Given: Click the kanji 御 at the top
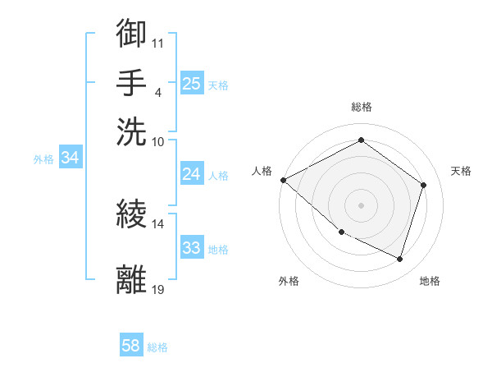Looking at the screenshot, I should click(x=132, y=33).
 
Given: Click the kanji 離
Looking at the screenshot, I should click(x=132, y=279).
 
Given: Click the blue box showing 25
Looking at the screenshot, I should click(x=191, y=84).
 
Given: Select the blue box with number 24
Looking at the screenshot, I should click(x=191, y=174).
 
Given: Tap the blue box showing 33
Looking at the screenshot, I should click(x=191, y=248).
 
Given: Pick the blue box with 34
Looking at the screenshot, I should click(x=70, y=159).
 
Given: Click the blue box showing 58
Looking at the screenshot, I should click(x=131, y=347).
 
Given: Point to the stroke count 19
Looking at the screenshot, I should click(x=157, y=289).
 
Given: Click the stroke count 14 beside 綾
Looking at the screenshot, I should click(x=157, y=223).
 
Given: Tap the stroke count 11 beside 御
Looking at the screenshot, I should click(x=157, y=41).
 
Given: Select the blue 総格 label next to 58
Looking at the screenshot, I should click(x=157, y=348).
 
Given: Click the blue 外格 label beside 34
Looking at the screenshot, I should click(x=43, y=159).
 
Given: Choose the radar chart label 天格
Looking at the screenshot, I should click(x=461, y=171).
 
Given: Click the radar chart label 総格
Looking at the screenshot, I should click(x=361, y=107).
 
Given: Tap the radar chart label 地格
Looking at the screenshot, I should click(x=430, y=281).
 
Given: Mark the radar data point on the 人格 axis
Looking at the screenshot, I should click(x=283, y=180).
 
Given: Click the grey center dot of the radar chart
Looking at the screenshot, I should click(x=361, y=204).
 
